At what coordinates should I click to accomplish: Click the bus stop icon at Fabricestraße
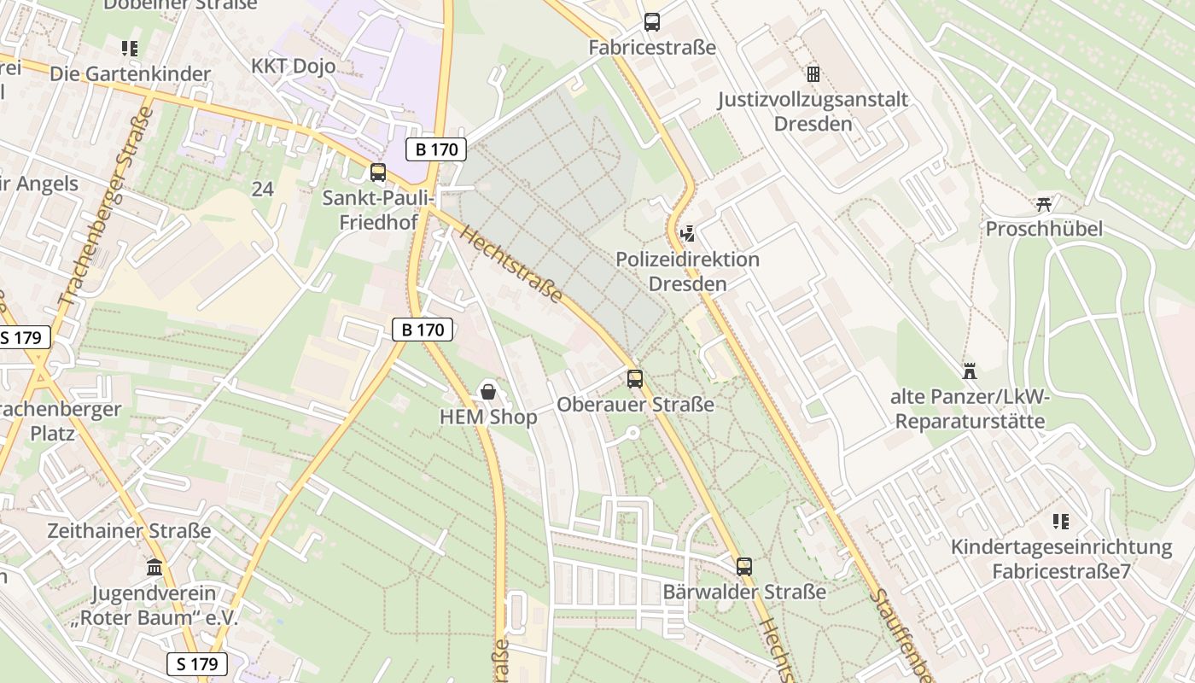point(651,22)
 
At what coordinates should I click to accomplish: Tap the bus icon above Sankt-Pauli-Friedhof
point(378,172)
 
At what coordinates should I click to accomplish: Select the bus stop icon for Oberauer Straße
point(635,379)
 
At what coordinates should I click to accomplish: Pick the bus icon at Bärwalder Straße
point(744,566)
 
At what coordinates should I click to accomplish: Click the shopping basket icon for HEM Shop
point(488,392)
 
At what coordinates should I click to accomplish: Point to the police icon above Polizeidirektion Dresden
point(687,232)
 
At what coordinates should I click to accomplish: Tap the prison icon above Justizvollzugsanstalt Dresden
point(813,74)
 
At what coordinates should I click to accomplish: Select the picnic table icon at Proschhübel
point(1043,203)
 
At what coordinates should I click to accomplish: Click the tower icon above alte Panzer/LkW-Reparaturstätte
point(968,371)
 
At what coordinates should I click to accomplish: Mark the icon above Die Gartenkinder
point(130,49)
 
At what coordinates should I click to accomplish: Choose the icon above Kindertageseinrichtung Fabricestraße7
point(1061,521)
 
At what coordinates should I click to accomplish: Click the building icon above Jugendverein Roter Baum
point(154,567)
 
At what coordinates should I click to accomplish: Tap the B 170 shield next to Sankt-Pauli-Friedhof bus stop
point(436,149)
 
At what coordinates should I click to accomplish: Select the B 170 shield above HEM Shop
point(423,330)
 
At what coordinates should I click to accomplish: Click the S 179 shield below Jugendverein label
point(197,663)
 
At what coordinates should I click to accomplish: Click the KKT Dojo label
point(293,66)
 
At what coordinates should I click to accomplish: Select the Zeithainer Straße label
point(129,531)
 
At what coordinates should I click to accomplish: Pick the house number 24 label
point(262,189)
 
